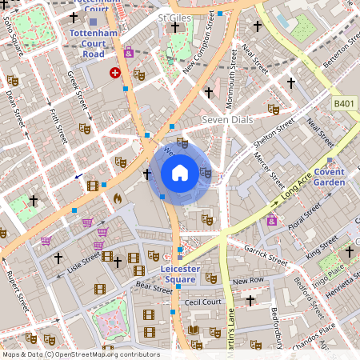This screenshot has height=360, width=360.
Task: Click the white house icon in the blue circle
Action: pyautogui.click(x=180, y=172)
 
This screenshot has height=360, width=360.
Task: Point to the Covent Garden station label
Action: pyautogui.click(x=329, y=177)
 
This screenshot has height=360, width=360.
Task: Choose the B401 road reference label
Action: pyautogui.click(x=343, y=104)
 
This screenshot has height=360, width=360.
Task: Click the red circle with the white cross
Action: pyautogui.click(x=115, y=72)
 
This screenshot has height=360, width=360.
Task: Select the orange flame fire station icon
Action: pyautogui.click(x=117, y=196)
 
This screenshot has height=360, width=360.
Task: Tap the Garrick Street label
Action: pyautogui.click(x=266, y=254)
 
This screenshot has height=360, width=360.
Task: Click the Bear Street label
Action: pyautogui.click(x=153, y=286)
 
